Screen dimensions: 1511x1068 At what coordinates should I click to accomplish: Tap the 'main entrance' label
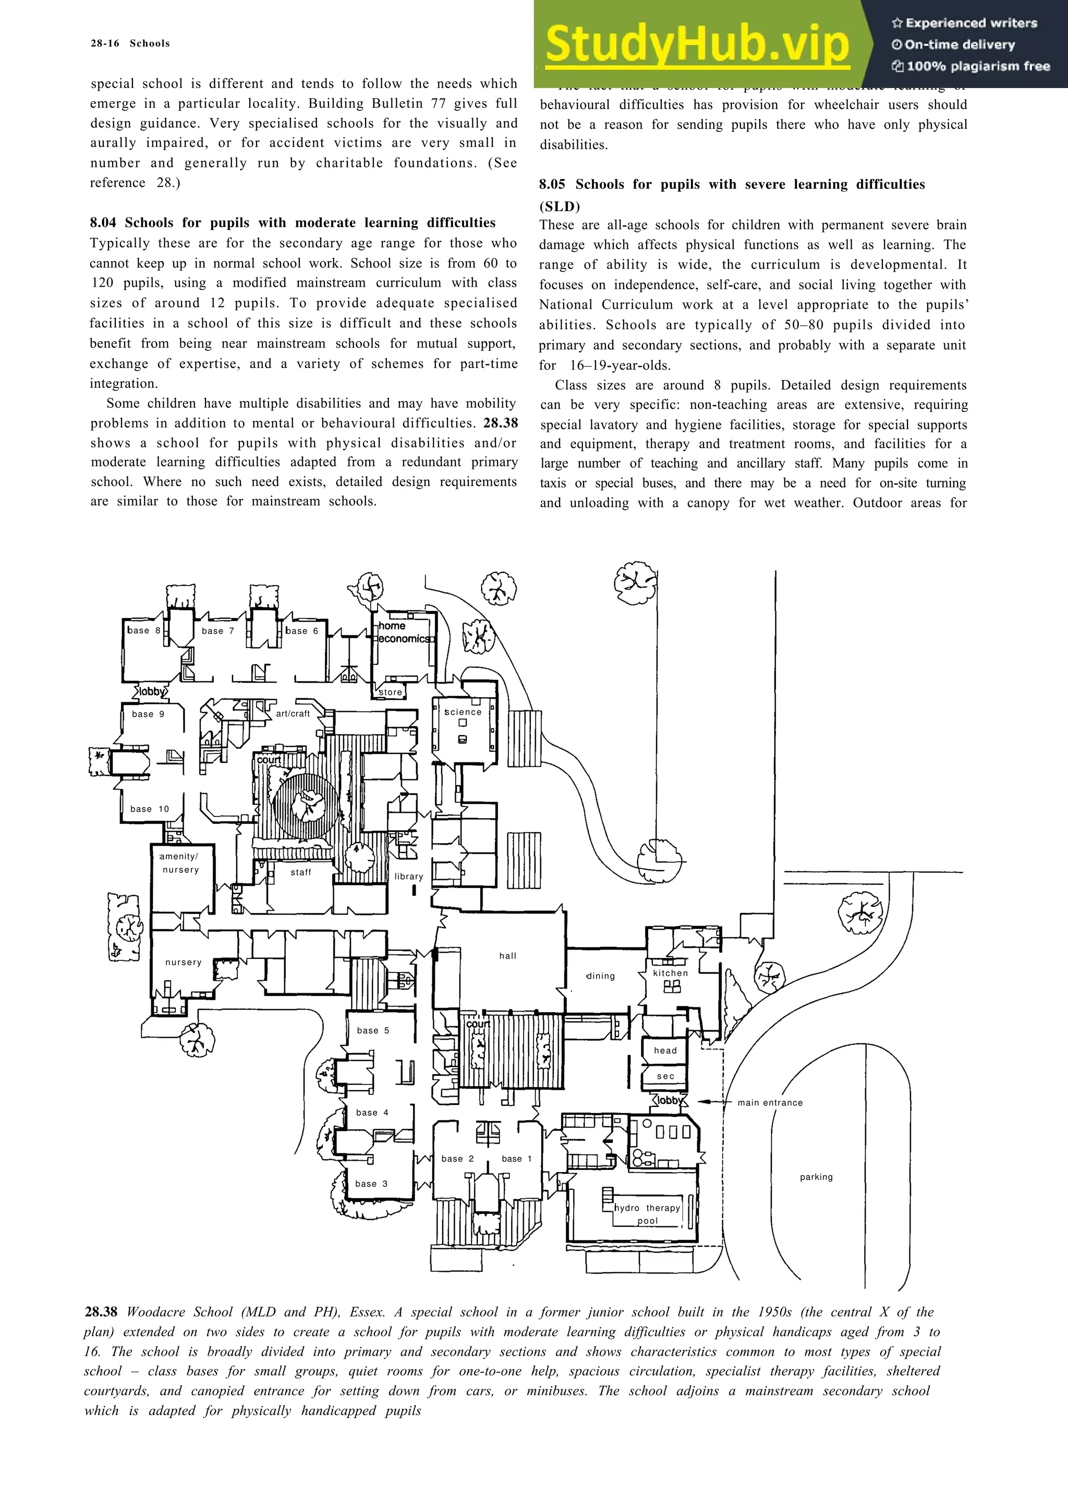770,1102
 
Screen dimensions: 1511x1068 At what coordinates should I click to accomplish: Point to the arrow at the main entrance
711,1101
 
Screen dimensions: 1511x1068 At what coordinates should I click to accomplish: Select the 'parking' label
816,1177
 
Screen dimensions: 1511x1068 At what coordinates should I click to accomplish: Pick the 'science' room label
463,712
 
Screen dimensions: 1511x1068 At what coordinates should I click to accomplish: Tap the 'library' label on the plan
409,876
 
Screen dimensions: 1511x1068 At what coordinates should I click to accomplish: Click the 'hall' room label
507,956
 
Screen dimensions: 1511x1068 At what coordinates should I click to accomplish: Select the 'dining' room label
600,976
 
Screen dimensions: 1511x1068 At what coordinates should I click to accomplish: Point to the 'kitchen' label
671,973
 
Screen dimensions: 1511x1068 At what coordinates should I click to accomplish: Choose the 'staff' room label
301,872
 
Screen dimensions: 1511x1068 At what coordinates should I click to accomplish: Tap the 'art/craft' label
293,713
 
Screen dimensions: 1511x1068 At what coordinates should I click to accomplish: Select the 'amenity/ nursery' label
179,863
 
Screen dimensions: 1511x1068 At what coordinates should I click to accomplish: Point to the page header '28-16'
105,43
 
